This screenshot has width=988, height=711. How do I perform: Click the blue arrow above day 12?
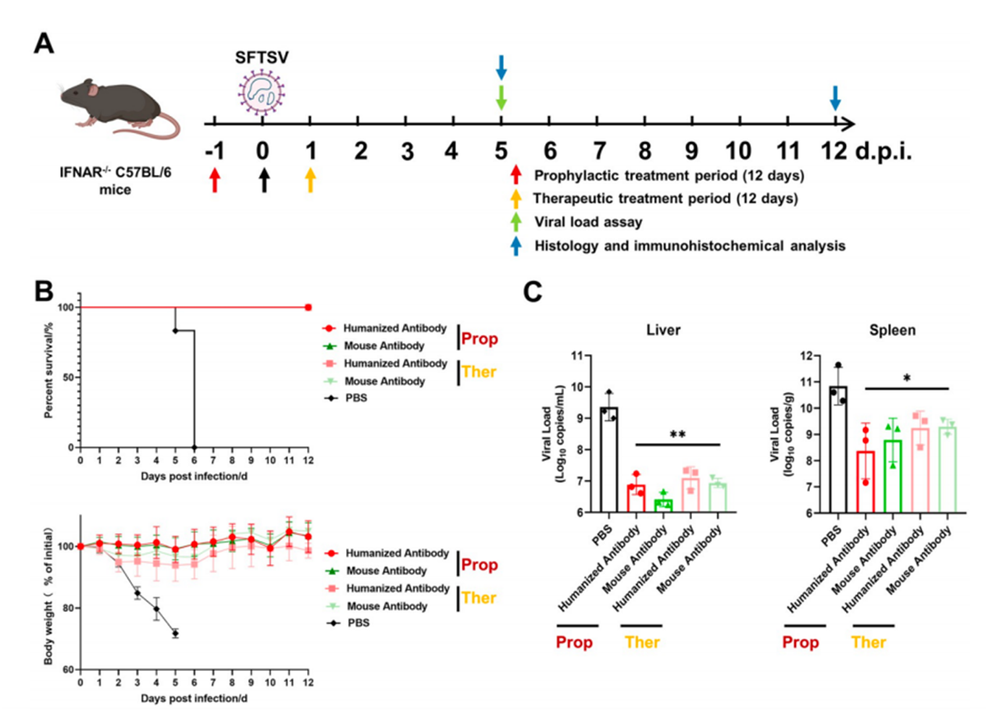(x=835, y=98)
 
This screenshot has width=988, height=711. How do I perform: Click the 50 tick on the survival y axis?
(x=70, y=377)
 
